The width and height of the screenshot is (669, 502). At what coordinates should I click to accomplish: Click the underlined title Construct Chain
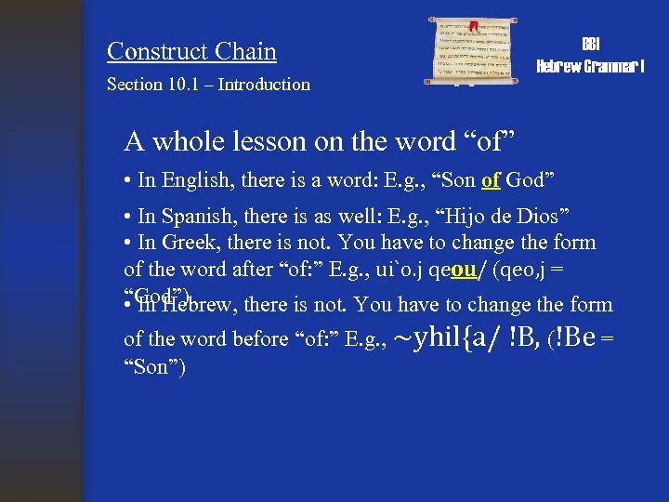pos(191,51)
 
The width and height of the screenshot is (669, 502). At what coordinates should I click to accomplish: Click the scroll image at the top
pos(475,52)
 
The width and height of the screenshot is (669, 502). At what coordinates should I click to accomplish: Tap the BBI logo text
pos(591,45)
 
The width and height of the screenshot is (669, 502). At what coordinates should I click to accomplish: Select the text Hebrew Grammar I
pos(591,66)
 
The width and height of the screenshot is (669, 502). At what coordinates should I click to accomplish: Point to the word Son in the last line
pos(156,368)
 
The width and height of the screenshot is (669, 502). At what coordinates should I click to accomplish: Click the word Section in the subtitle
pos(134,85)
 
